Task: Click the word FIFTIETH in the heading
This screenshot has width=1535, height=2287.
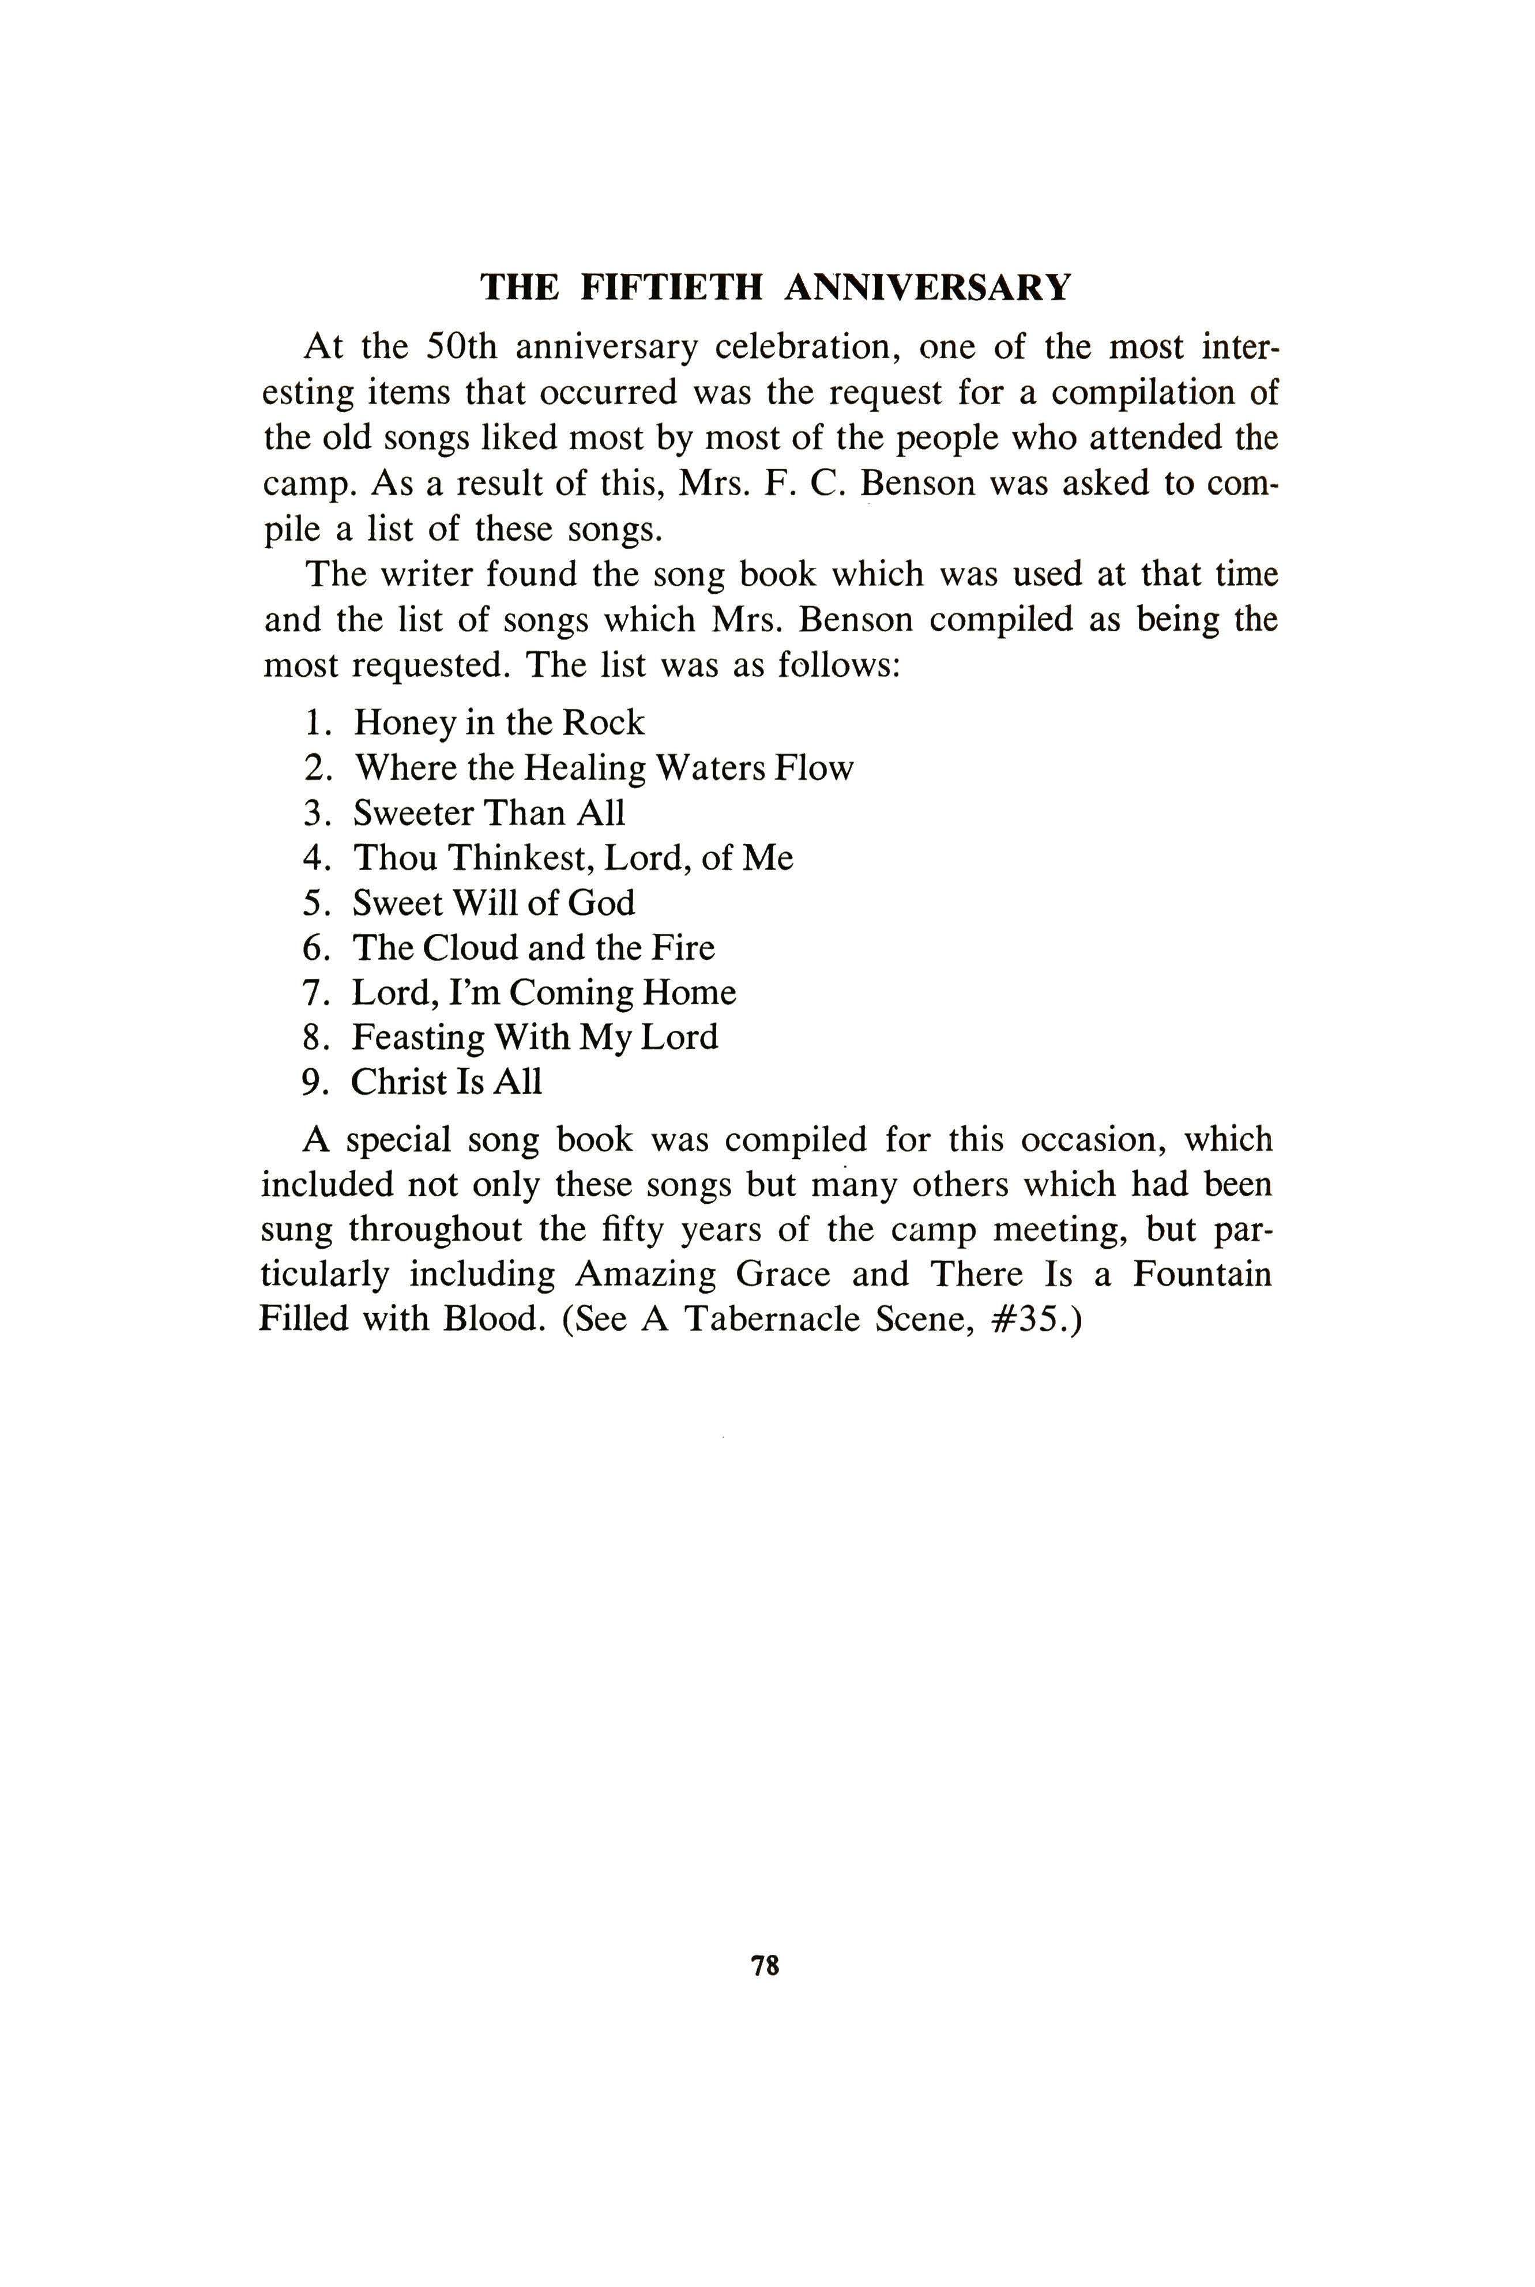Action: (x=672, y=288)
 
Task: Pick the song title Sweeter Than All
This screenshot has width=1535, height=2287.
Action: (x=488, y=813)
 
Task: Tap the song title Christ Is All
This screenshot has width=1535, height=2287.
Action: (x=446, y=1082)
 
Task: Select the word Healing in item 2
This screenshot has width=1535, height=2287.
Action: (x=585, y=768)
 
